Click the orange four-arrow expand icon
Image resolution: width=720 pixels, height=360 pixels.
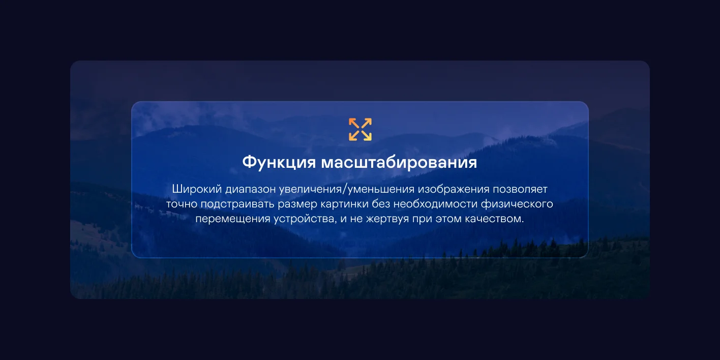[x=360, y=129]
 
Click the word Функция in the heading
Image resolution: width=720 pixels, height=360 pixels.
[x=279, y=162]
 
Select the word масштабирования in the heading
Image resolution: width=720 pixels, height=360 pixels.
[x=399, y=162]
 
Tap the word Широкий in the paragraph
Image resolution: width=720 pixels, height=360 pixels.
[x=197, y=189]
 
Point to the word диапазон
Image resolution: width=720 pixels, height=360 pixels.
[x=250, y=190]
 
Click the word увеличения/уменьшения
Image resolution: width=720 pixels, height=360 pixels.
[x=346, y=189]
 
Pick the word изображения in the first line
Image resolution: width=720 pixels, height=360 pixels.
[x=454, y=190]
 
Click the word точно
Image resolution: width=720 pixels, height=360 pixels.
[x=182, y=204]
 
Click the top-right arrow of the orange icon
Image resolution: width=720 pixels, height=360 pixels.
[x=367, y=124]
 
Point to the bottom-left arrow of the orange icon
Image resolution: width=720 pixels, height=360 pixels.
[x=354, y=135]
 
